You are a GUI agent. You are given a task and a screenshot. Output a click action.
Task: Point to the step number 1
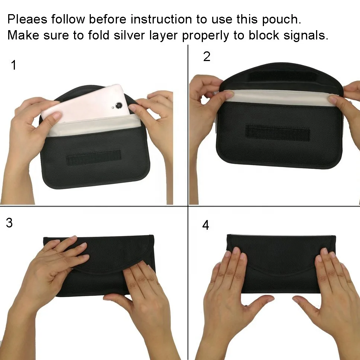pos(14,66)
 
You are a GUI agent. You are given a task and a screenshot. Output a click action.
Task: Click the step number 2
pos(207,57)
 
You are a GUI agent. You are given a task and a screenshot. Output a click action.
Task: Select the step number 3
pos(9,223)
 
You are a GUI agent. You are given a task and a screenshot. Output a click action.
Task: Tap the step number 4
pos(206,225)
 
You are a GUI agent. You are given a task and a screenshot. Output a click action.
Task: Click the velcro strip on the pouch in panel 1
pos(94,158)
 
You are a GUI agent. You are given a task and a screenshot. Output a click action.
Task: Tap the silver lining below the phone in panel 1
pos(89,128)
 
